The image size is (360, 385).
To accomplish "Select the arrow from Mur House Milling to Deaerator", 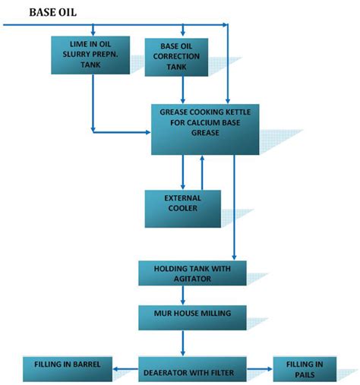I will tap(182, 341).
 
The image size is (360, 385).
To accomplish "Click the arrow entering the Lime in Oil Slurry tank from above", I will tap(93, 30).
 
